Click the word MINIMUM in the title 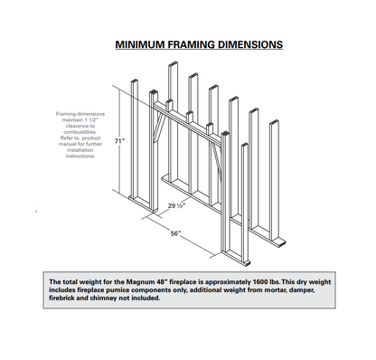[x=140, y=44]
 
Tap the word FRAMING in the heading [x=192, y=44]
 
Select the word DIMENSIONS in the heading [x=250, y=44]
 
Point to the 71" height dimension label [x=119, y=141]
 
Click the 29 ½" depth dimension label [x=176, y=205]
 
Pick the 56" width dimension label [x=175, y=233]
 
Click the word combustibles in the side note [x=80, y=132]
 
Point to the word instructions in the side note [x=80, y=156]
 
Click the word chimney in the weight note [x=103, y=298]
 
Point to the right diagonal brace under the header [x=217, y=162]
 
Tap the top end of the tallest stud [x=174, y=63]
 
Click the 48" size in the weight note [x=161, y=282]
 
